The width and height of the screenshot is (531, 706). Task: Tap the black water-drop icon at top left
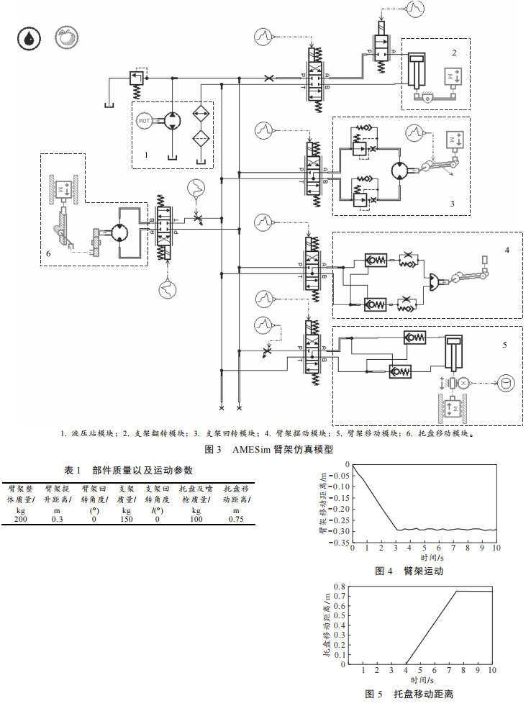point(29,38)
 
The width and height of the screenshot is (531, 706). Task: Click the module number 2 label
point(454,53)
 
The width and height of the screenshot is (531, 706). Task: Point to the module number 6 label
point(47,253)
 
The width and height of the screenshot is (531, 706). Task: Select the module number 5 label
point(505,345)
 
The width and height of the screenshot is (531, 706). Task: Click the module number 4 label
point(507,250)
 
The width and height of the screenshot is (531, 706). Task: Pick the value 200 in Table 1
point(19,519)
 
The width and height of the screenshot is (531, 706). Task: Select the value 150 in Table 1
point(126,519)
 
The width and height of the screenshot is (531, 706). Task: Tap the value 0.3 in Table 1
point(57,519)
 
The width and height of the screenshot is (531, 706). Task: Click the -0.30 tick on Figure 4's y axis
point(339,531)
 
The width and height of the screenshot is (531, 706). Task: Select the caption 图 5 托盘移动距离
point(408,694)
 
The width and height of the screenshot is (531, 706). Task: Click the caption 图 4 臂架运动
point(409,571)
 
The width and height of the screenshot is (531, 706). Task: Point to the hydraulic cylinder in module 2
point(415,71)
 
